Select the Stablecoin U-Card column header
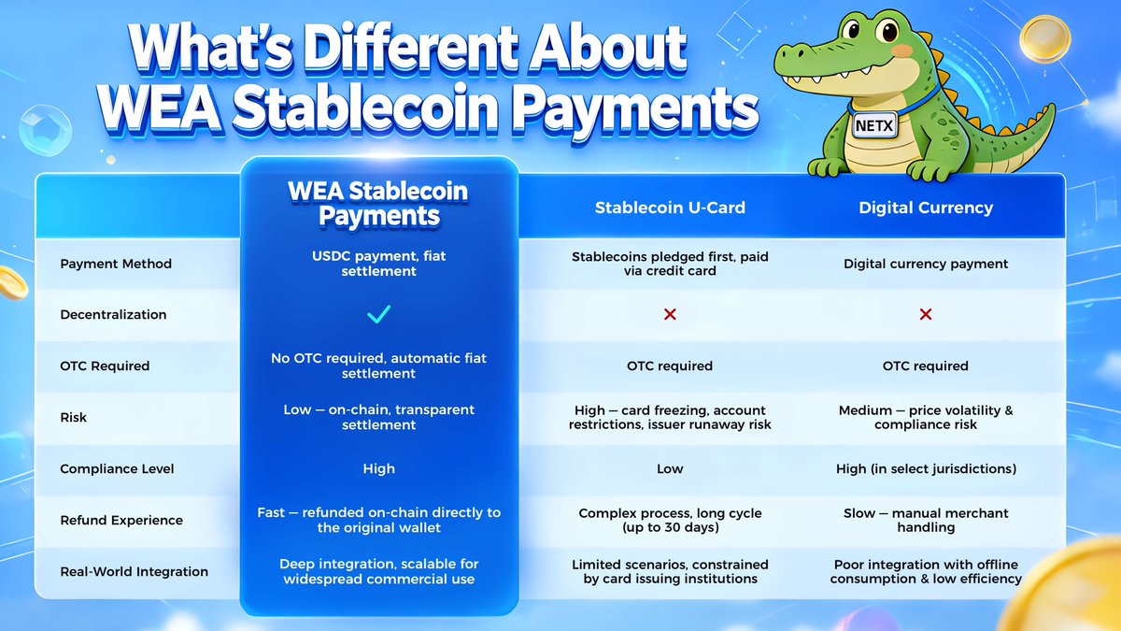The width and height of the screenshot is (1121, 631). [x=670, y=208]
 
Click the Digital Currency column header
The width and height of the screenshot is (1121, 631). [x=926, y=208]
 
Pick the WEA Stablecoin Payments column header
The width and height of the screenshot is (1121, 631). [x=378, y=204]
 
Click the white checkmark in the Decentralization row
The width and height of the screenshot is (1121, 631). [x=378, y=315]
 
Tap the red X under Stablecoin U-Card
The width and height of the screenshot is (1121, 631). [x=670, y=315]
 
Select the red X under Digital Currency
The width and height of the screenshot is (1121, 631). [x=926, y=315]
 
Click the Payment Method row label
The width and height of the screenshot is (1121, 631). [x=116, y=264]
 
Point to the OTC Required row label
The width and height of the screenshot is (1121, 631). [x=105, y=366]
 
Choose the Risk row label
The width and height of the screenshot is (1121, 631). [x=74, y=417]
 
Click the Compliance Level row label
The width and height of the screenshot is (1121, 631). [x=117, y=468]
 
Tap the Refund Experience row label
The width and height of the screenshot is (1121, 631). [x=121, y=520]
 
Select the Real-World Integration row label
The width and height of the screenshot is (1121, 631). [x=135, y=571]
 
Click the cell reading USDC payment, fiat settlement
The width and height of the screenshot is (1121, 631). [x=378, y=264]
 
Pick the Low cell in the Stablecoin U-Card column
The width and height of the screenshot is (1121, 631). [x=670, y=468]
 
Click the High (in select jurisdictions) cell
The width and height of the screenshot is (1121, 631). [x=926, y=468]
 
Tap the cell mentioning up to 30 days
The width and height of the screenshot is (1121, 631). [x=670, y=520]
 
